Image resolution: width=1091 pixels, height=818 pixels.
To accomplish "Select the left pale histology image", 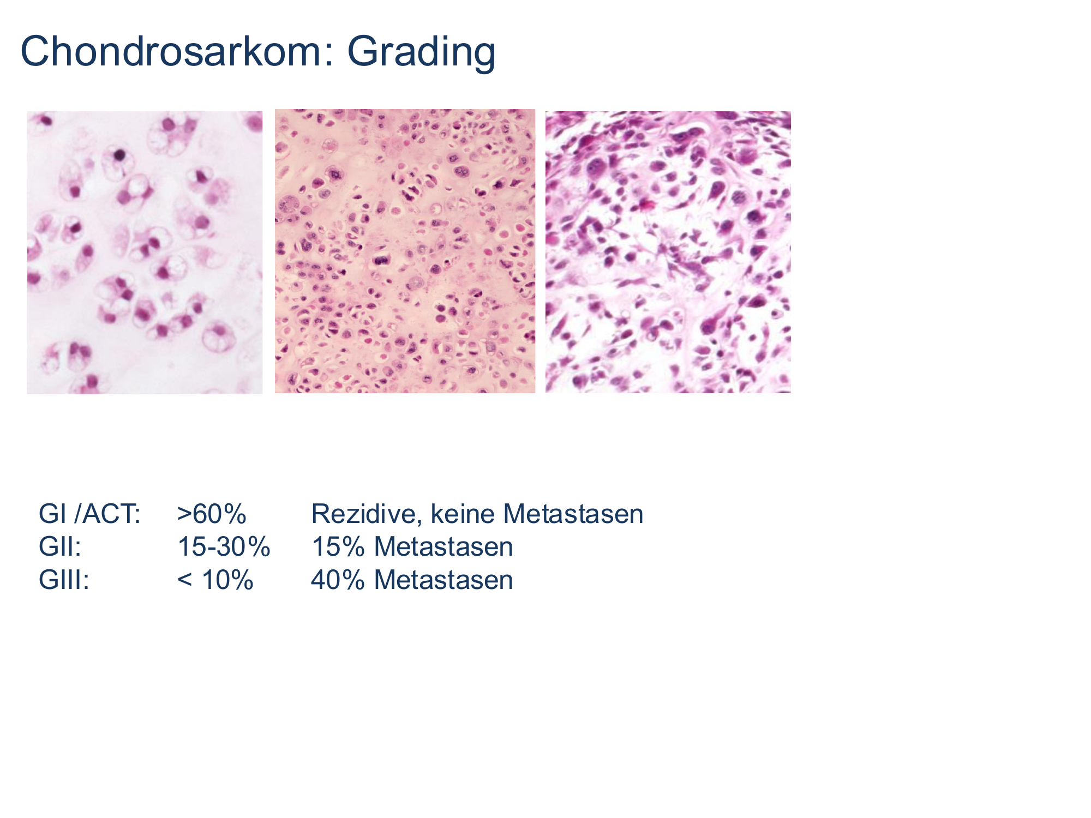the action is pos(145,252).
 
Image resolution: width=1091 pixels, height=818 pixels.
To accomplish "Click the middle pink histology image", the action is pos(405,251).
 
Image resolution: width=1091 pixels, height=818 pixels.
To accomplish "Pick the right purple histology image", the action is pos(668,252).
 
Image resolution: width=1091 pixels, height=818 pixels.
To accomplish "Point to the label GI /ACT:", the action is pos(90,514).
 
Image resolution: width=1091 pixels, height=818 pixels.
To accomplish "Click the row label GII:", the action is pos(60,546).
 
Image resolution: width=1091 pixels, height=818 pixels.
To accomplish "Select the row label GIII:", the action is pos(64,579).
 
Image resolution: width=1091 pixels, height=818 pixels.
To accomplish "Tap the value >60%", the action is pos(212,514).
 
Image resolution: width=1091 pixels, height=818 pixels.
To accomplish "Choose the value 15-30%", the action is pos(224,546).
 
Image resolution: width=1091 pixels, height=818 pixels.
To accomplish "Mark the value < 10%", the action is pos(215,579).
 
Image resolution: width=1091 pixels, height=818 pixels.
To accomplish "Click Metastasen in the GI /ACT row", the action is pos(573,514).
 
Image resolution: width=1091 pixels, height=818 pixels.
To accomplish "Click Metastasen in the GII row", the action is pos(443,546).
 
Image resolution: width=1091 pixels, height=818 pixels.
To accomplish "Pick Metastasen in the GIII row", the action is pos(443,579).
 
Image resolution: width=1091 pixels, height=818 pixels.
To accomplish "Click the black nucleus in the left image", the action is pos(119,155).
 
